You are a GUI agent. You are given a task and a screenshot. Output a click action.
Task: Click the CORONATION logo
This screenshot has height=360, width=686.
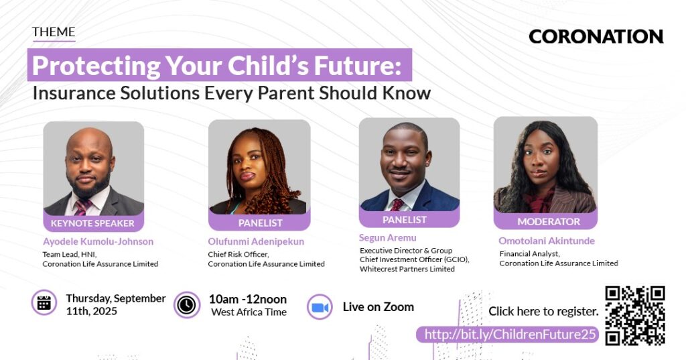596,37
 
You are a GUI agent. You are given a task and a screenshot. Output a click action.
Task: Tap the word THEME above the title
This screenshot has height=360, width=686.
54,32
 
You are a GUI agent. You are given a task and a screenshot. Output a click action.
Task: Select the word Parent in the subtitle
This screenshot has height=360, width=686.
285,93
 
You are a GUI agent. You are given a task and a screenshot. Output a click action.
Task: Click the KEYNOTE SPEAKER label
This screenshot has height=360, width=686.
92,223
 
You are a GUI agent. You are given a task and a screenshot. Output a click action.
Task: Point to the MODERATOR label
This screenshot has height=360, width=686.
549,222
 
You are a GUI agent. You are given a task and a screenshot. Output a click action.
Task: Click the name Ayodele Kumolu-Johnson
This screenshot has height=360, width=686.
98,241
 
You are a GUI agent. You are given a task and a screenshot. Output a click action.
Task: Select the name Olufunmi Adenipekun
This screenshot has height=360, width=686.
256,241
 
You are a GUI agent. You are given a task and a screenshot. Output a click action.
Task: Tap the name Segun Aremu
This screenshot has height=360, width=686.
388,238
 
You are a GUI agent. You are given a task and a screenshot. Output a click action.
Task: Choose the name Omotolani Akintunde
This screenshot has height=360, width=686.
547,241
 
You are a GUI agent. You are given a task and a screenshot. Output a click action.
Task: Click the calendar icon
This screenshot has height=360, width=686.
44,302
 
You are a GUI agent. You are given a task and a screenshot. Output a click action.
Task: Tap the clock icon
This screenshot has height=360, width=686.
187,305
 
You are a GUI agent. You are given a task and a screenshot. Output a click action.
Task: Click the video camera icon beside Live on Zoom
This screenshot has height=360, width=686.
320,307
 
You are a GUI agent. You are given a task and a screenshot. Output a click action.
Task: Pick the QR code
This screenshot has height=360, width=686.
635,315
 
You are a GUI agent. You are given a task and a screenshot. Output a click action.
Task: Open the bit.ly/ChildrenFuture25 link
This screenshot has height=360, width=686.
510,335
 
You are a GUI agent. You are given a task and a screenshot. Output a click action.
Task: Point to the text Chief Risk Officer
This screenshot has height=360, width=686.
238,254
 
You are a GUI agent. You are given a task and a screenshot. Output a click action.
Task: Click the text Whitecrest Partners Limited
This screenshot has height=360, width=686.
407,269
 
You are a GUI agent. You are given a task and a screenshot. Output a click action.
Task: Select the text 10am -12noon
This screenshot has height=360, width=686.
248,299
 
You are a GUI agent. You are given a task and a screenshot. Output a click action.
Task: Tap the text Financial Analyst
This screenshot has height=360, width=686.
529,253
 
